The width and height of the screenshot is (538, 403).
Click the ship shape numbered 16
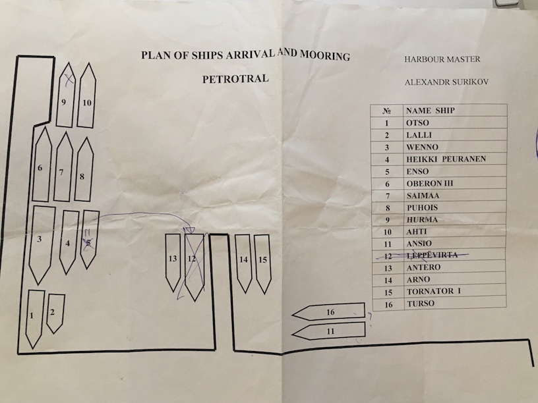(x=330, y=311)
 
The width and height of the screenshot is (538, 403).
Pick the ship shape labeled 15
(x=262, y=262)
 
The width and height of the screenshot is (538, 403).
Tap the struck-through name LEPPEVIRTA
(x=433, y=255)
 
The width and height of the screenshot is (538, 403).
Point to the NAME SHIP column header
(x=431, y=110)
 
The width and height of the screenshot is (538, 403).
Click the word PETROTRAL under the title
(x=236, y=78)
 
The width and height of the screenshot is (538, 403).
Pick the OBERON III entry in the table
(x=431, y=183)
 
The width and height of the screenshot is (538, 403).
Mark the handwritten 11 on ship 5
(x=86, y=232)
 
